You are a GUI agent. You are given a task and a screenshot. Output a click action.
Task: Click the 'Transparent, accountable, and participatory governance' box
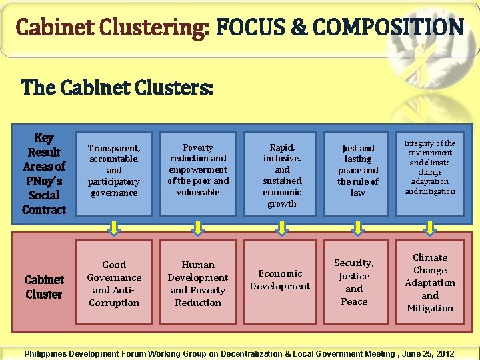[114, 170]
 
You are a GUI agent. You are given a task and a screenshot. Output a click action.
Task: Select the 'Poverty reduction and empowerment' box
[198, 170]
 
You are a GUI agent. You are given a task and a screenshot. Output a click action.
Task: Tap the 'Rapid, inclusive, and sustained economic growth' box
[282, 175]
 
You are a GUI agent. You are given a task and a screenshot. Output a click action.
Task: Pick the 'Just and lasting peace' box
[358, 170]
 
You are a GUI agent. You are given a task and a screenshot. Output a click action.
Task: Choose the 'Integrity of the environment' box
[430, 168]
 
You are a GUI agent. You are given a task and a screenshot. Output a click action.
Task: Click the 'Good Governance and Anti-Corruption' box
[114, 283]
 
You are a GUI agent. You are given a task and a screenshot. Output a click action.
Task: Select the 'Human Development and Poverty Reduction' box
[198, 283]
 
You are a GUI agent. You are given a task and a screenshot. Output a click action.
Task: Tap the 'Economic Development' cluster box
[280, 280]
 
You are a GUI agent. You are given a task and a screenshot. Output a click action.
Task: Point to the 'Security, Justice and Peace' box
[354, 282]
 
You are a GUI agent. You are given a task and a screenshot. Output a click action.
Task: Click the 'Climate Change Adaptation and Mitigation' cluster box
[430, 283]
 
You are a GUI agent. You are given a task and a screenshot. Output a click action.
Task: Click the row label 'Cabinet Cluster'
[44, 287]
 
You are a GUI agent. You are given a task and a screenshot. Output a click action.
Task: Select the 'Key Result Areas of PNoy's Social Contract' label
[44, 173]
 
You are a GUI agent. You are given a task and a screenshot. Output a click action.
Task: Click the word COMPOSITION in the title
[387, 28]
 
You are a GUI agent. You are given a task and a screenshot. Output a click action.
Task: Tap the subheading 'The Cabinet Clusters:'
[117, 87]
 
